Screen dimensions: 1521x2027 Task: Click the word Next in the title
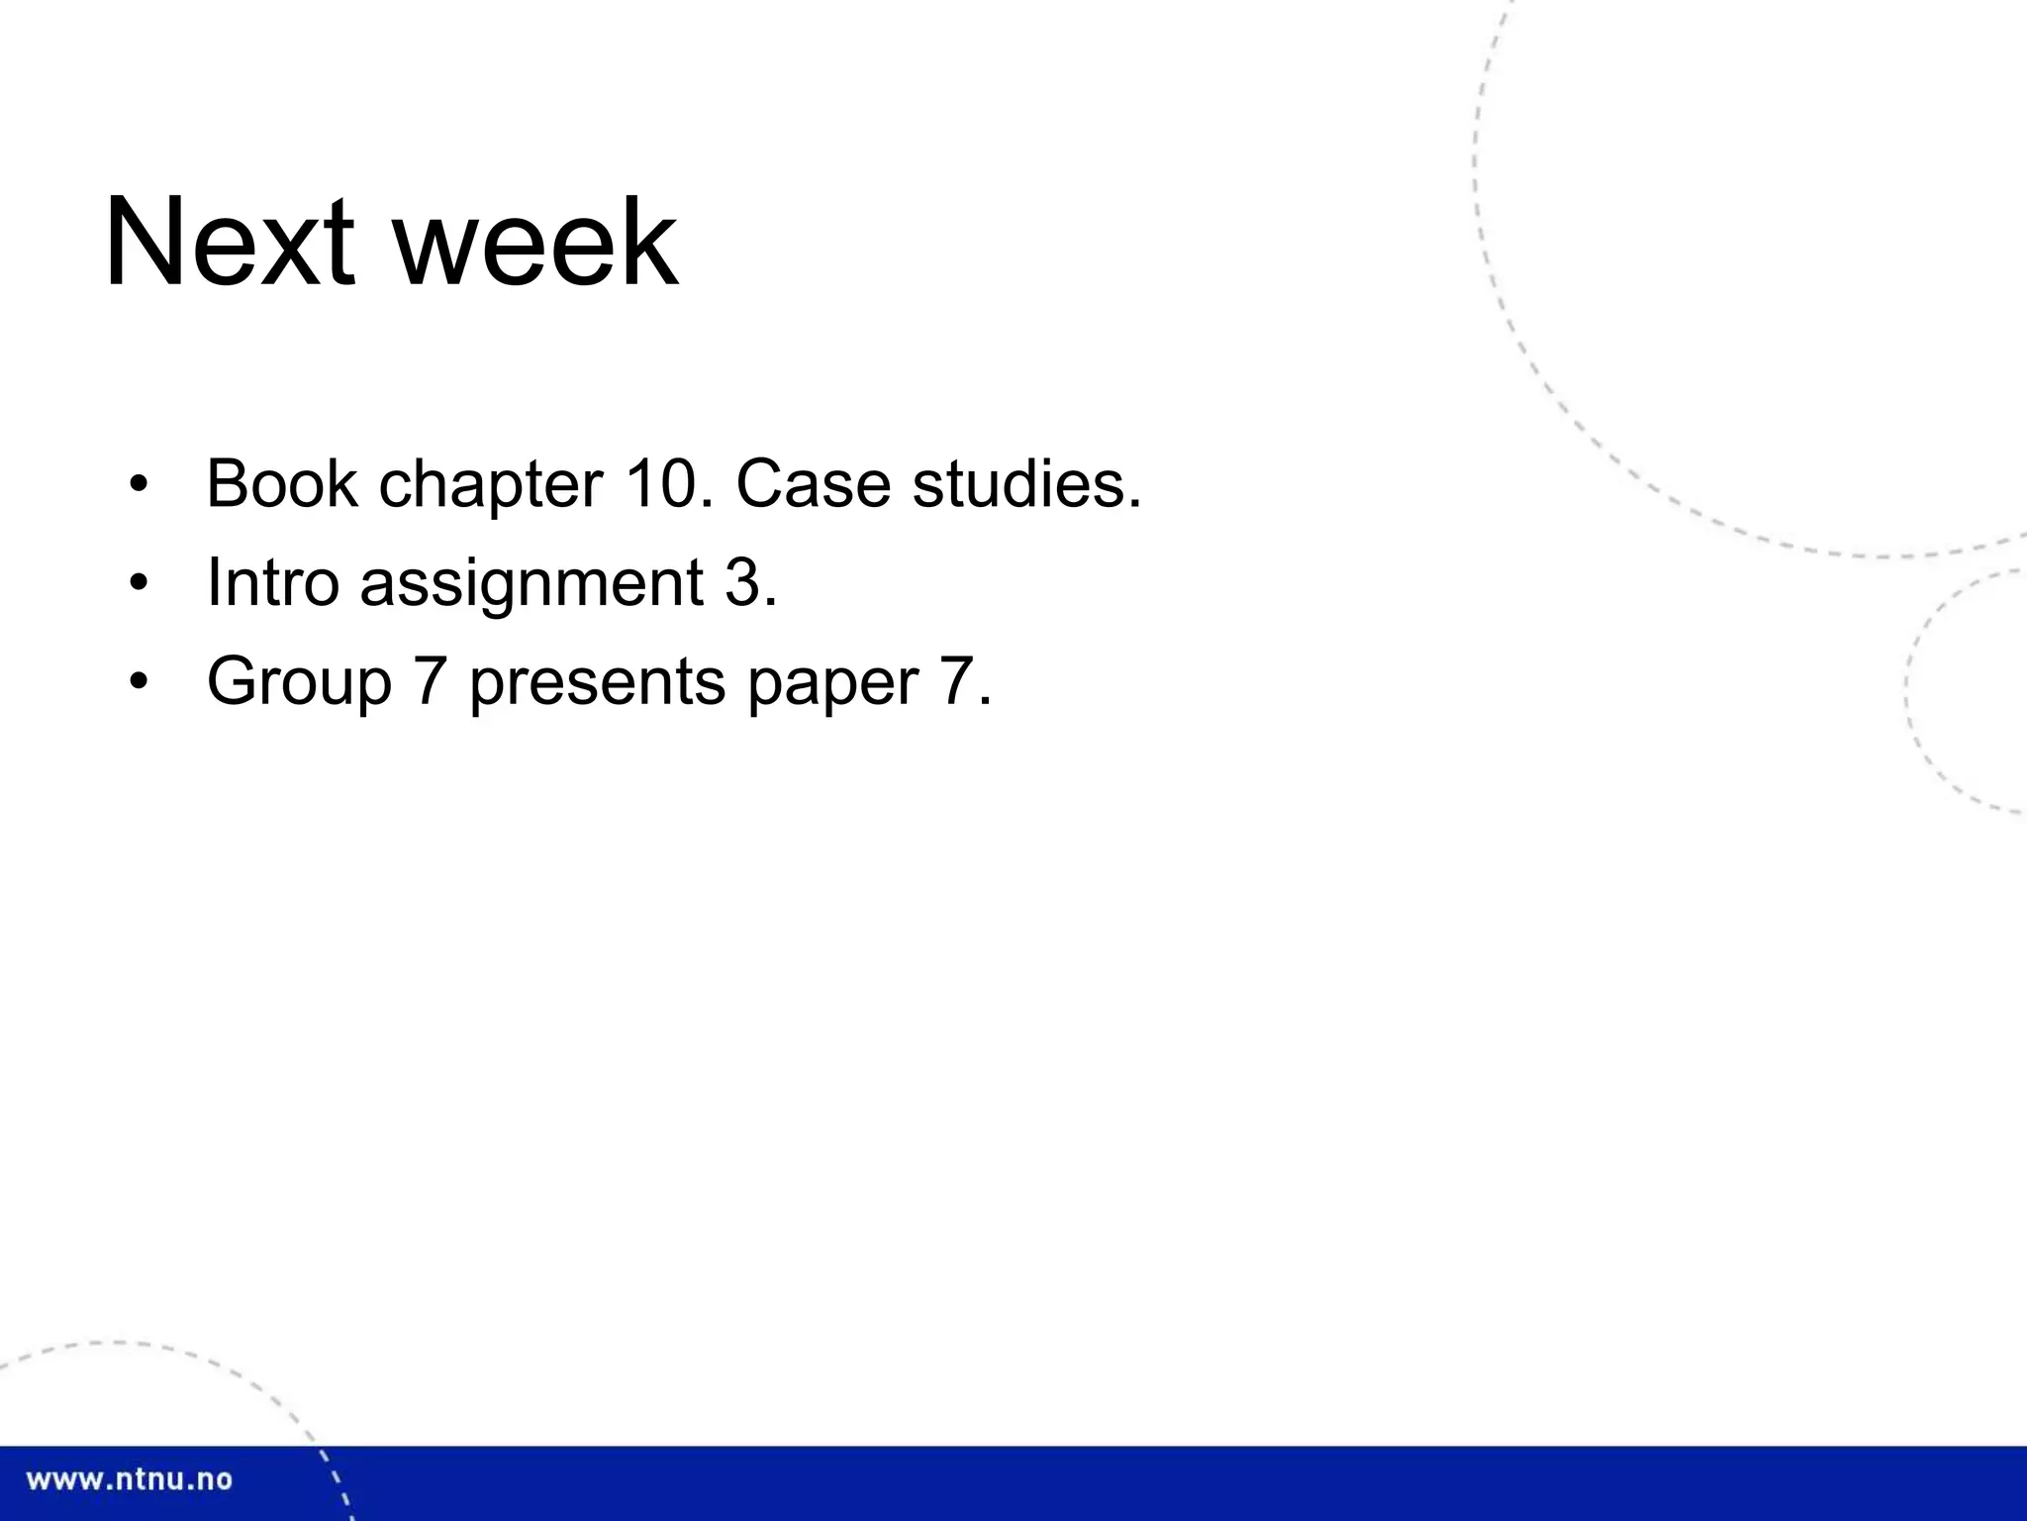[x=229, y=244]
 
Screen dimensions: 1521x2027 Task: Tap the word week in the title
[x=535, y=244]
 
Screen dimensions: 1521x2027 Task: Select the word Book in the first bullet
[x=281, y=484]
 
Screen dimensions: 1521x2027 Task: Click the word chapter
[x=491, y=486]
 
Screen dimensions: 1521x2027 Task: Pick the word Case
[x=813, y=484]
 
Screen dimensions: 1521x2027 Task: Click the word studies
[x=1019, y=484]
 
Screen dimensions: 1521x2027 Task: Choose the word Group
[x=299, y=683]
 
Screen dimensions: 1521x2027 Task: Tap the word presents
[x=598, y=683]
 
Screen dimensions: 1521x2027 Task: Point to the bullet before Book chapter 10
[x=139, y=485]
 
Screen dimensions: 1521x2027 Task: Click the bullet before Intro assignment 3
[x=139, y=583]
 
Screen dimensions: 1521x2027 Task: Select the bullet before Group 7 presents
[x=139, y=682]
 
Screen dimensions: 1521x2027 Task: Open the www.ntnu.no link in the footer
[x=130, y=1479]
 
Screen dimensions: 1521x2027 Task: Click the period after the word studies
[x=1134, y=503]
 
